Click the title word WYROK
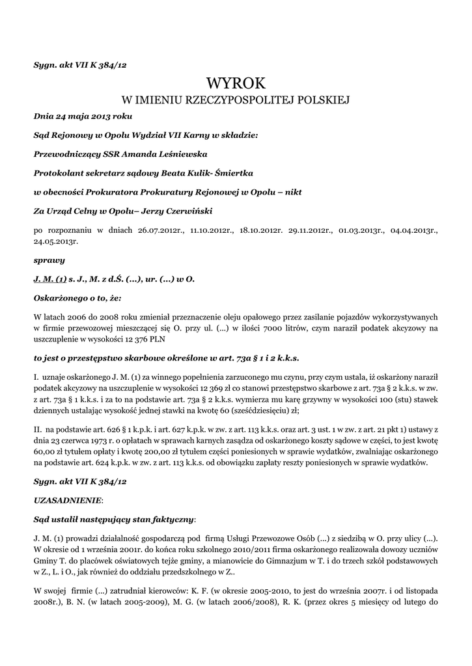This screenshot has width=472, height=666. coord(236,83)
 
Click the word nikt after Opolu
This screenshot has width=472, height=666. coord(291,193)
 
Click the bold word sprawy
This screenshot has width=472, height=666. coord(49,260)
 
